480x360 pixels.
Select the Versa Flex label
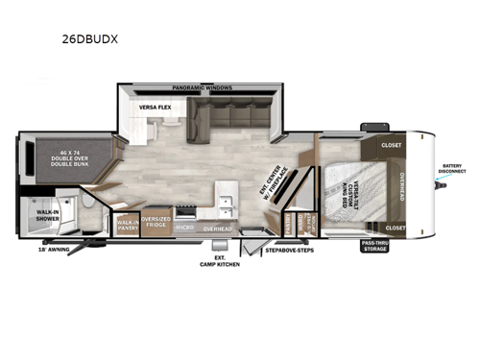(155, 108)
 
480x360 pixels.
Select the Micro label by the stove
(185, 228)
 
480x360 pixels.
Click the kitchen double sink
(227, 204)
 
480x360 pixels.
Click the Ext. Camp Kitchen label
(220, 260)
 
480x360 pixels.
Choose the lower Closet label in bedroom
(396, 228)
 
